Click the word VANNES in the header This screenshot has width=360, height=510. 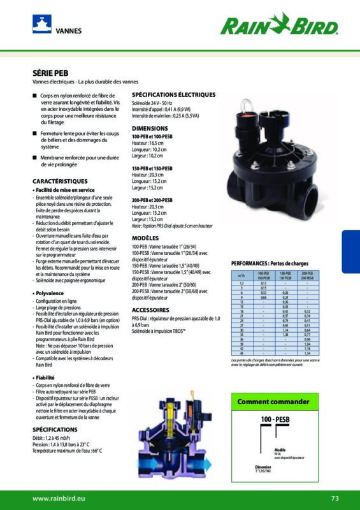point(69,31)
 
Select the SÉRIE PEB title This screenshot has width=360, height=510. point(50,73)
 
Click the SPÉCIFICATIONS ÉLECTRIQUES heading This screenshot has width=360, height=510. point(173,94)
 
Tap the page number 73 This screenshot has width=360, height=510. point(335,498)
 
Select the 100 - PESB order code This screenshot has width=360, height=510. point(276,421)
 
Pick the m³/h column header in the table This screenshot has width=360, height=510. point(241,275)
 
